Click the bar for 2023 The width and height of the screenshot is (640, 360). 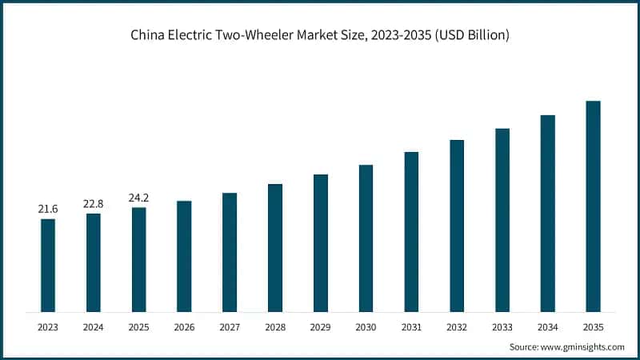click(x=48, y=265)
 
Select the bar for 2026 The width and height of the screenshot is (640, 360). click(x=184, y=256)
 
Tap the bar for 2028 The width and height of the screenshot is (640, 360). click(x=274, y=247)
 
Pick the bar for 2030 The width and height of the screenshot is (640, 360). click(x=366, y=238)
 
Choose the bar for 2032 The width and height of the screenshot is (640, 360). click(x=457, y=226)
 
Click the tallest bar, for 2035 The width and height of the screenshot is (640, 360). click(x=593, y=206)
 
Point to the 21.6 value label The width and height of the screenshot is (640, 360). click(x=48, y=209)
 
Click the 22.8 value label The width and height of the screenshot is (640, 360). click(x=94, y=204)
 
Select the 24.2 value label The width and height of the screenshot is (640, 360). click(x=139, y=198)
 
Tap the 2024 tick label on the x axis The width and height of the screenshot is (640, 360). click(x=94, y=326)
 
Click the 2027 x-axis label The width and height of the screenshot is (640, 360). click(x=230, y=326)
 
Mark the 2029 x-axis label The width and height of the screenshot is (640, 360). click(x=320, y=326)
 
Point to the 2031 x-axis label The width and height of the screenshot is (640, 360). click(x=411, y=326)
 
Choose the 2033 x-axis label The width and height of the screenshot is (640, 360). click(x=502, y=326)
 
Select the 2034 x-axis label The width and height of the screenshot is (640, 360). click(x=548, y=326)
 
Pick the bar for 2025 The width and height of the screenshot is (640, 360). click(x=139, y=259)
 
